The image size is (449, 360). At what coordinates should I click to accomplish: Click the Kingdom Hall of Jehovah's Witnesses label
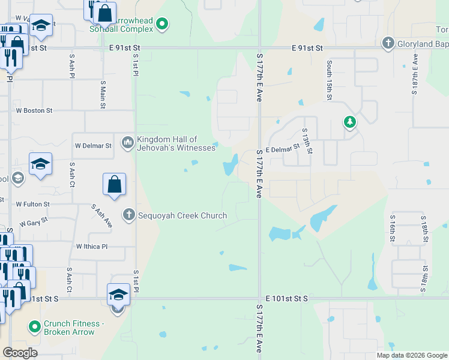[176, 143]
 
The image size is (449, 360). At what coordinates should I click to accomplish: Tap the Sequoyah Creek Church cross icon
[128, 215]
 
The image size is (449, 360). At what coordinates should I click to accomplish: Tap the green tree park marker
[350, 122]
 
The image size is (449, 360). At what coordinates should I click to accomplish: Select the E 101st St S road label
[286, 298]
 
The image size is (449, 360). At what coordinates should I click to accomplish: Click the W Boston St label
[34, 110]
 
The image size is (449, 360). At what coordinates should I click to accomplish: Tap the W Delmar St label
[93, 146]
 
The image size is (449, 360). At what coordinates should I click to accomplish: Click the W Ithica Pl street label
[91, 247]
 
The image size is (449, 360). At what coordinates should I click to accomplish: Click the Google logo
[20, 353]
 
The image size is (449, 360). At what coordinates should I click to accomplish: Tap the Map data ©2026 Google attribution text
[412, 355]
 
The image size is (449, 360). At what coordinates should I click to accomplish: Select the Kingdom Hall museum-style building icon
[127, 143]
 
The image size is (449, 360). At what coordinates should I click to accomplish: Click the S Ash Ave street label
[102, 215]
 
